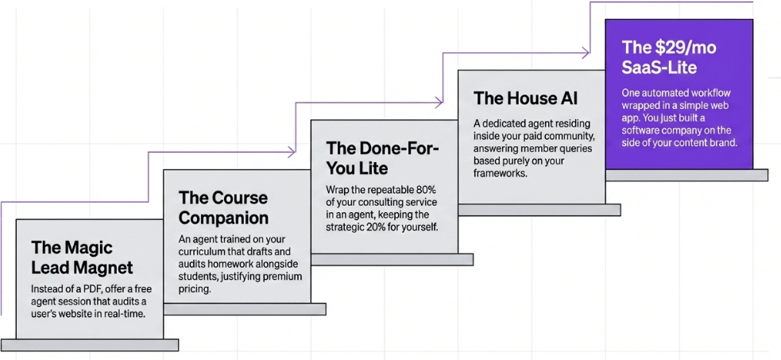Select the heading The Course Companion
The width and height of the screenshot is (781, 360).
pos(223,207)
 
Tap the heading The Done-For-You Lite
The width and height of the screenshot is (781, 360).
pos(382,157)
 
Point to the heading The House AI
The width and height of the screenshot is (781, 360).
pos(525,99)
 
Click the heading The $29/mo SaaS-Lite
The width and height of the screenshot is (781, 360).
pos(668,57)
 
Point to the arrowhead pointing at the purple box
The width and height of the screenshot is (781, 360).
pos(586,52)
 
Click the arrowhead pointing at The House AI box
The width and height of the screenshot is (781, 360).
pos(439,102)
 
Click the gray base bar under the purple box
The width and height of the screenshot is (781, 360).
pos(687,175)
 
